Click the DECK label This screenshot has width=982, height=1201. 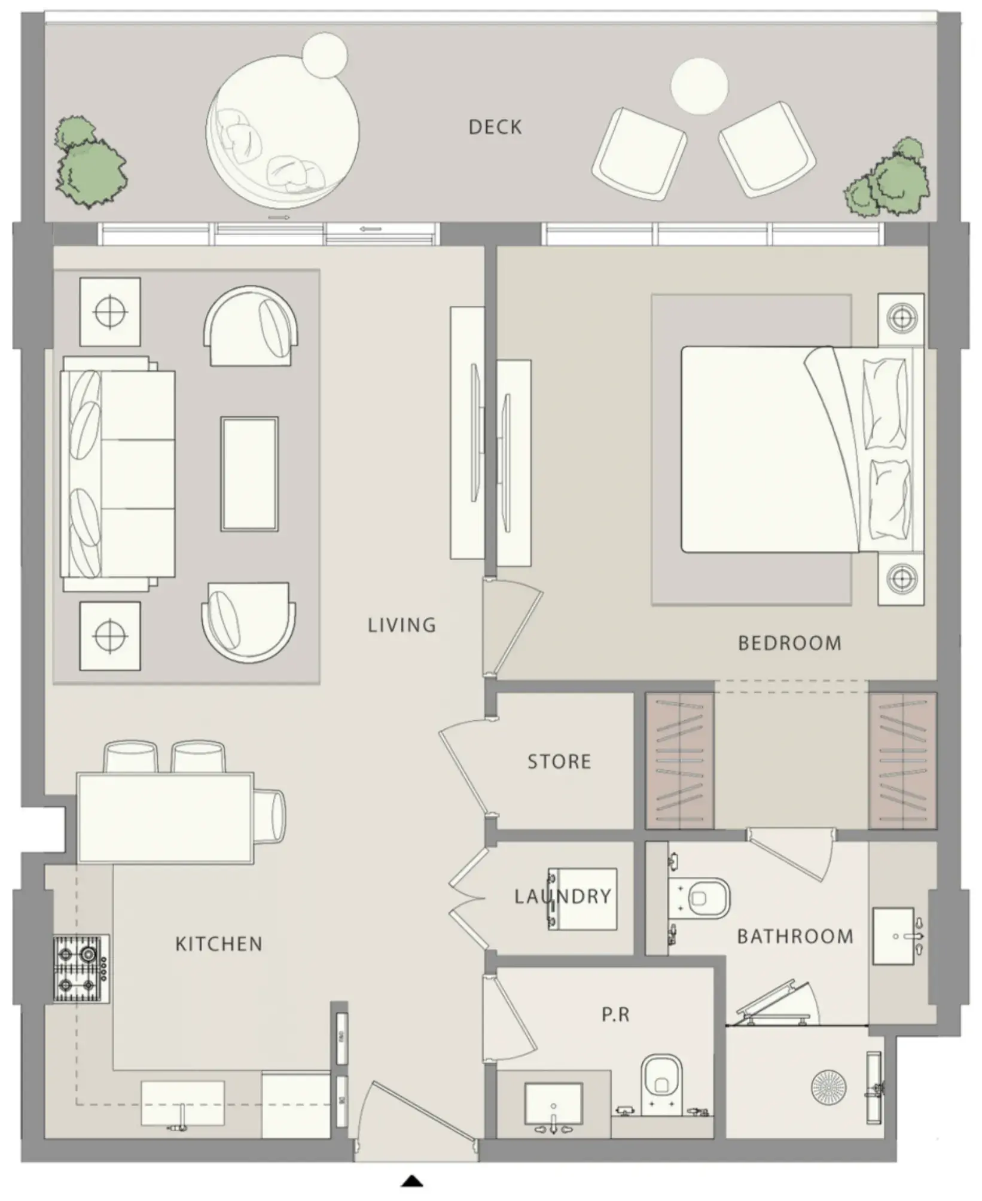click(495, 127)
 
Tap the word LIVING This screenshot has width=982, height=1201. click(402, 625)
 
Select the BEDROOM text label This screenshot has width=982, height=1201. click(789, 643)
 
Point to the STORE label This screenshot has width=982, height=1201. click(559, 761)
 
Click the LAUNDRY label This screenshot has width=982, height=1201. click(563, 896)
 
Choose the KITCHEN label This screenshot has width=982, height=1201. click(219, 944)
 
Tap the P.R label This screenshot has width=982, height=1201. click(615, 1015)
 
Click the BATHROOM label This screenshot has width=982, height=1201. click(795, 936)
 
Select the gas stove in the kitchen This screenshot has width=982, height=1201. click(81, 968)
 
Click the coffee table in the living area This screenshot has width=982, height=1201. click(249, 474)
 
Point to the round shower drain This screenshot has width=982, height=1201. click(828, 1084)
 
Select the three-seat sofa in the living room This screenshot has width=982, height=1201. click(118, 474)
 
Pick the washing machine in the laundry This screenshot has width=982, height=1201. click(582, 899)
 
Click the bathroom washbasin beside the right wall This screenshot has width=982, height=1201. click(894, 936)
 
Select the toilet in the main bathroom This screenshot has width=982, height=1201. click(700, 898)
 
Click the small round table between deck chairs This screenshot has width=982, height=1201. click(699, 86)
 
